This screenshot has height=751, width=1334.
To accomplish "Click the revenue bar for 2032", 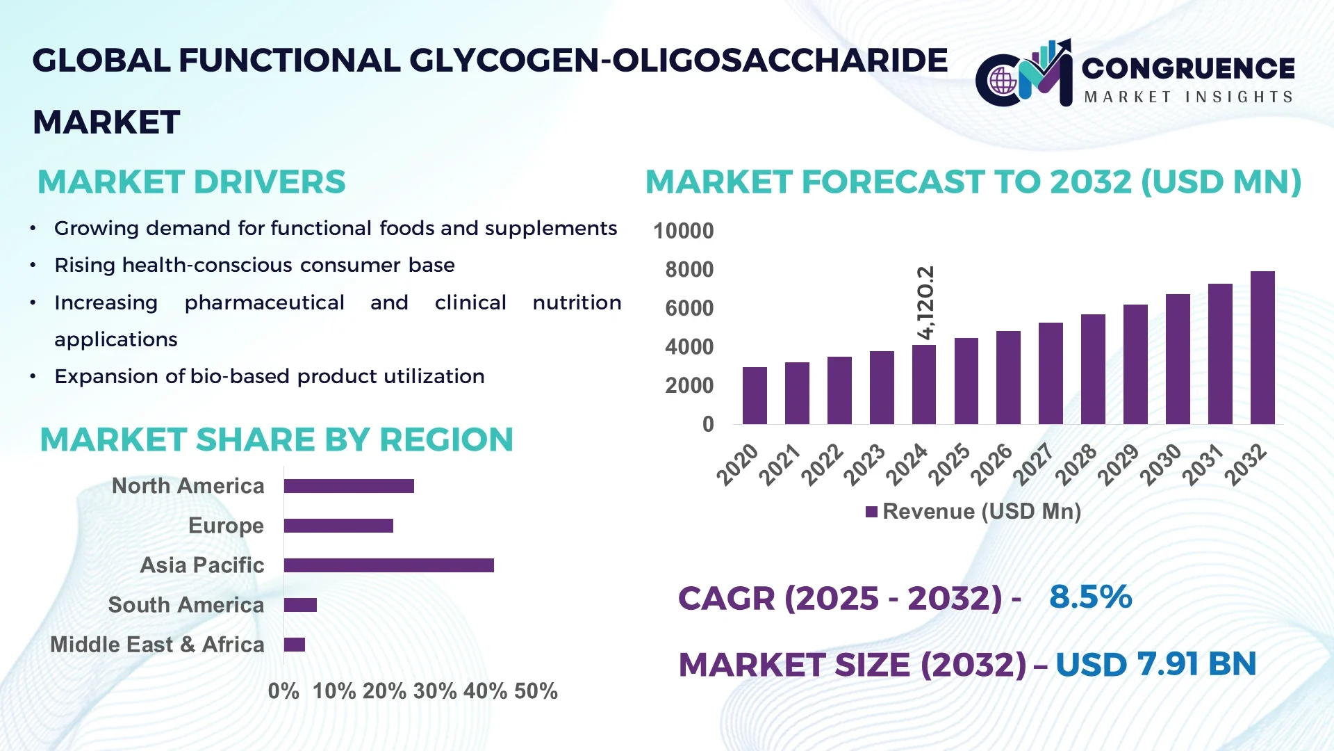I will coord(1262,348).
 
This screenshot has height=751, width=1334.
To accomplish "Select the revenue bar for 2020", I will coord(755,396).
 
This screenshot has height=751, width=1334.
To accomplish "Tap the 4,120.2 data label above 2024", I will coord(925,302).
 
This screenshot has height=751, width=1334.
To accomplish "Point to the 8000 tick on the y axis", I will coord(689,270).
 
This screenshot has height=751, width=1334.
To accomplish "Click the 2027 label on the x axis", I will coord(1033,465).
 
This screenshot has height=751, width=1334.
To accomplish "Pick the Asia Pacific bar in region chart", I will coord(388,565).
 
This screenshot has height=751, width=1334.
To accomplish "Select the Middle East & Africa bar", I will coord(295,645).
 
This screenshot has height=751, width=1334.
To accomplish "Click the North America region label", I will coord(188,486).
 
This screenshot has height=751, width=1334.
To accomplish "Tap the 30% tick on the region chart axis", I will coord(434,691).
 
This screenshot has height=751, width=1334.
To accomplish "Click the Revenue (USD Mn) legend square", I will coord(871,512).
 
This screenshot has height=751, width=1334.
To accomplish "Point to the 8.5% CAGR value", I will coord(1090,597).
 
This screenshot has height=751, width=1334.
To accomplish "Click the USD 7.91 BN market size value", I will coord(1155,664).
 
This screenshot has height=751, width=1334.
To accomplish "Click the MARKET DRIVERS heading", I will coord(191,182).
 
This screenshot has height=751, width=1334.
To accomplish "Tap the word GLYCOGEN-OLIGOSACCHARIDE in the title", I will coord(678,60).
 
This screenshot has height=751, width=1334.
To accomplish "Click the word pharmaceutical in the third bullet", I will coord(264,302).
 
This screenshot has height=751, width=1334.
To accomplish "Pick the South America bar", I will coord(300,605).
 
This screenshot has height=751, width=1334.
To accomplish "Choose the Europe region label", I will coord(226,526).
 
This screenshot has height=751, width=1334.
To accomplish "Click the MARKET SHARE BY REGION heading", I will coord(277,440).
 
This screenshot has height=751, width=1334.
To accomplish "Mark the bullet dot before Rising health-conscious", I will coord(33,266).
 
